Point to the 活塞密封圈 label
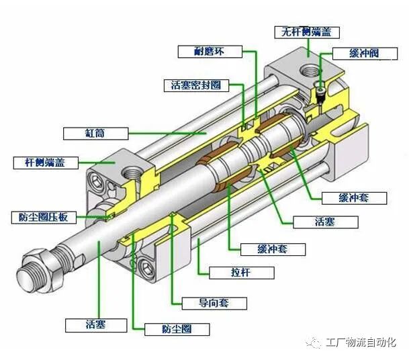pyautogui.click(x=195, y=85)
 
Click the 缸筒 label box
pyautogui.click(x=94, y=133)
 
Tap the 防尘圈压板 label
pyautogui.click(x=44, y=217)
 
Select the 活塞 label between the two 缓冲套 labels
pyautogui.click(x=326, y=222)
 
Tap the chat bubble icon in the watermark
pyautogui.click(x=314, y=342)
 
